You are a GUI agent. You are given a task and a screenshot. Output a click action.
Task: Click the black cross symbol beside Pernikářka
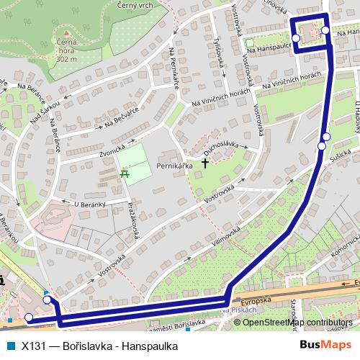pos(204,163)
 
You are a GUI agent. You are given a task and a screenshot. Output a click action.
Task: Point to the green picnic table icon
pos(125,173)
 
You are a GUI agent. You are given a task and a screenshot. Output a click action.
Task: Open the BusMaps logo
pos(325,345)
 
